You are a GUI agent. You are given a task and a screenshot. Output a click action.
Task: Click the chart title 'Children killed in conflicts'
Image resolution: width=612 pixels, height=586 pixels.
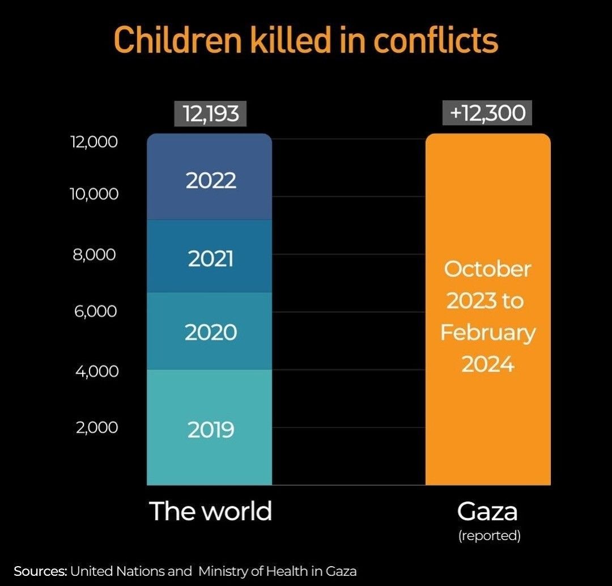306,40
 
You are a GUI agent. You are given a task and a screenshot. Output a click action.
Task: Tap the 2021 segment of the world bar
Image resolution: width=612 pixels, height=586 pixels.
210,258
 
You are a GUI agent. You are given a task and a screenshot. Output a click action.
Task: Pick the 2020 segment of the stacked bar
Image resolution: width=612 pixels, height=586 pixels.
210,332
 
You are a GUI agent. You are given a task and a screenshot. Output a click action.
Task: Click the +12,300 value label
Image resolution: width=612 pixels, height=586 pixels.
488,113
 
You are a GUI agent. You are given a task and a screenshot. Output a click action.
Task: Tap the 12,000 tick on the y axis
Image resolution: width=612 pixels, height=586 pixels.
94,141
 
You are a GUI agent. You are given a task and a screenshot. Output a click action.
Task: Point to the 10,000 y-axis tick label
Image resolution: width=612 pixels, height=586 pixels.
94,194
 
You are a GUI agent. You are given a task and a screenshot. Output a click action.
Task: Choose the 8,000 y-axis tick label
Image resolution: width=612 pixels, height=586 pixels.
94,254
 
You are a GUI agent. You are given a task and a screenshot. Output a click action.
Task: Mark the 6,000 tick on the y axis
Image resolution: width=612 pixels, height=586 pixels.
94,311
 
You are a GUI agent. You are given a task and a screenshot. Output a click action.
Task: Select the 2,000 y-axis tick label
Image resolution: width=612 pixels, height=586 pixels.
96,427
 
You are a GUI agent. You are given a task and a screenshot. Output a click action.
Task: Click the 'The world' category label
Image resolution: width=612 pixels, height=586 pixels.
210,511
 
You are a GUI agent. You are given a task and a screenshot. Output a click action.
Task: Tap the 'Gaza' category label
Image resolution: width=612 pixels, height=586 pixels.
487,511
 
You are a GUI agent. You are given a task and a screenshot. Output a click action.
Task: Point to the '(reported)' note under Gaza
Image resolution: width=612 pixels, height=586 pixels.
489,536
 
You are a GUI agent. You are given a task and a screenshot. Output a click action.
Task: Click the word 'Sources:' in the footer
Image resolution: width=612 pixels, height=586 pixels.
40,571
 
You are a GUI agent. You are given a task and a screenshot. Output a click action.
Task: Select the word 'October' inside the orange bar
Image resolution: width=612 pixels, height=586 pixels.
487,269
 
